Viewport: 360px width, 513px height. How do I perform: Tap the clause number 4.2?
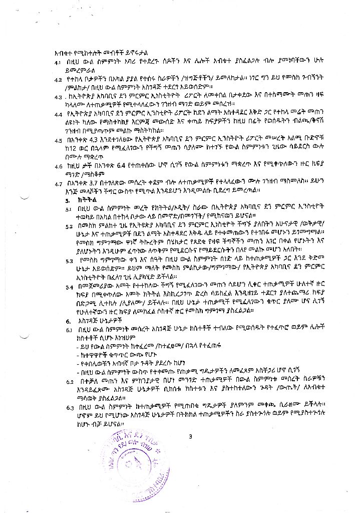pos(58,79)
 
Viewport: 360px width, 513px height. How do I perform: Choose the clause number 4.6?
pos(58,165)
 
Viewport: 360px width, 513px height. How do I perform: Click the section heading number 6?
pos(68,320)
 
